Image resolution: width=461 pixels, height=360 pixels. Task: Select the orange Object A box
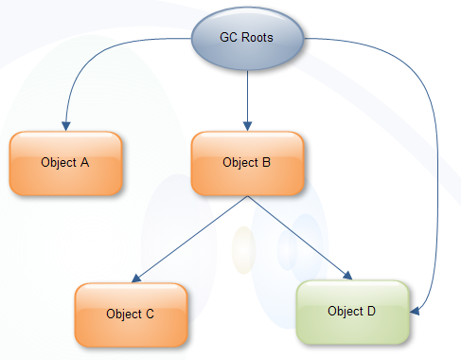coord(65,162)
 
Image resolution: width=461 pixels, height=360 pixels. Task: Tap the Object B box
coord(247,162)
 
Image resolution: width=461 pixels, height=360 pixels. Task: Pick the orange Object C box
coord(131,314)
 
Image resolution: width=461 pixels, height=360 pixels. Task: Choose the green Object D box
coord(352,311)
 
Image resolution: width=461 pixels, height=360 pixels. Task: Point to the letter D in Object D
coord(372,311)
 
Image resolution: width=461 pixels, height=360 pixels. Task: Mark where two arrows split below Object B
coord(247,197)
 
